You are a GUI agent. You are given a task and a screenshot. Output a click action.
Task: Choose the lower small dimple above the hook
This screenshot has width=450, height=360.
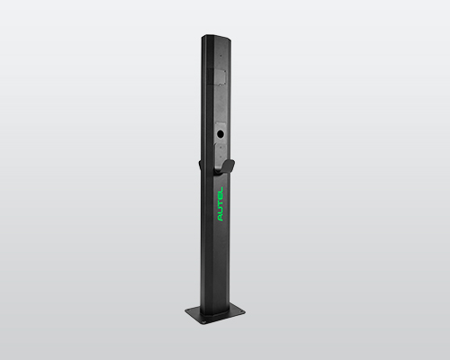220,154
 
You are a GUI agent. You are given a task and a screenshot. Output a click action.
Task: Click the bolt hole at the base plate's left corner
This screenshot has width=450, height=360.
192,311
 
